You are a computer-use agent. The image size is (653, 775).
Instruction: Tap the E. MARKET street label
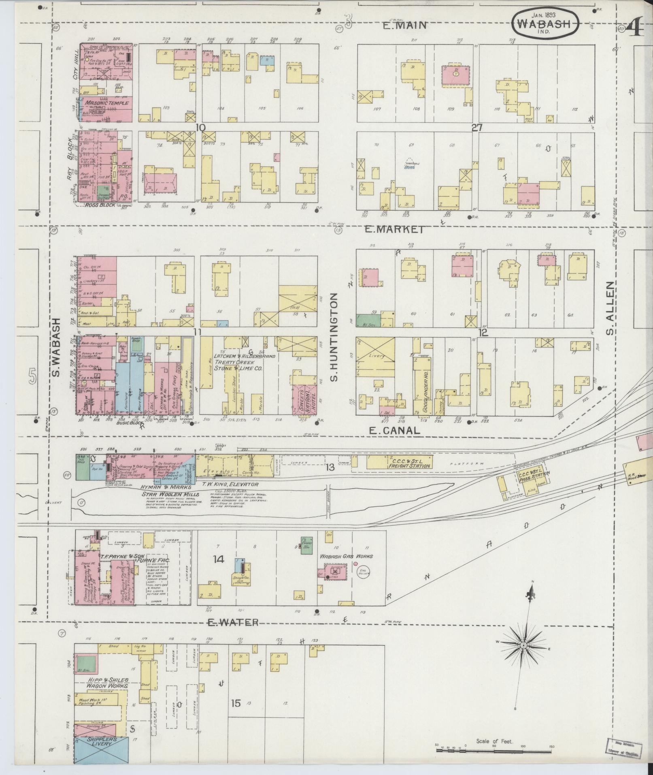[x=395, y=229]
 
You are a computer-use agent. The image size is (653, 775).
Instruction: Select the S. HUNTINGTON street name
[x=334, y=337]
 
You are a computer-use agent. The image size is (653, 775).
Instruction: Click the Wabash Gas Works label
[x=347, y=556]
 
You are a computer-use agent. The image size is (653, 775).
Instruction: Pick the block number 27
[x=477, y=128]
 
